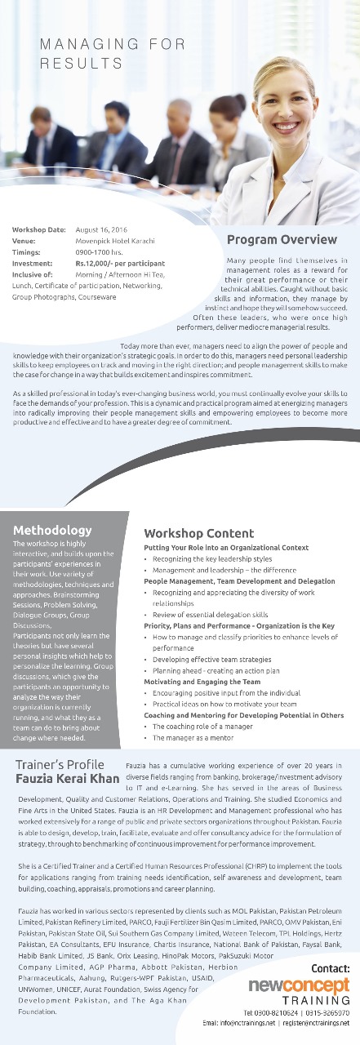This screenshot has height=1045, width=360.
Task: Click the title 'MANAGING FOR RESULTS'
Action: (x=113, y=53)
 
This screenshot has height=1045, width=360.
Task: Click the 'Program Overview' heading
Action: (x=282, y=239)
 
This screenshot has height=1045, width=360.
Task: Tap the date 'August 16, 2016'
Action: (x=103, y=230)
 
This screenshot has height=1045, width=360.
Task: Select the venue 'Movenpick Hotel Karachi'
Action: (x=115, y=241)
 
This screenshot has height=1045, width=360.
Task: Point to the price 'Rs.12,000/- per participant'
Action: (x=120, y=264)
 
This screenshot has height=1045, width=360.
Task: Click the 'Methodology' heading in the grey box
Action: (x=52, y=530)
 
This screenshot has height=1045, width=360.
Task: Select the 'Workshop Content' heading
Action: (x=198, y=534)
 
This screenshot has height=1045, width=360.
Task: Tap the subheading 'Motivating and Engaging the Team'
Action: (x=202, y=681)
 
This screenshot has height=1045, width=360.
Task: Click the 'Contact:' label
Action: (x=331, y=968)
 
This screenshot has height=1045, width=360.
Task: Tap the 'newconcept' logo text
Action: (x=300, y=985)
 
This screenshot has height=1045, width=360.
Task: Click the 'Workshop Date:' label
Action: (x=39, y=230)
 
